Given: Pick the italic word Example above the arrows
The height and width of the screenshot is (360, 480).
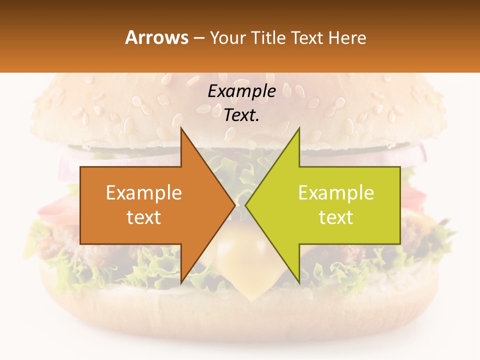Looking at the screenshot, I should pyautogui.click(x=241, y=91).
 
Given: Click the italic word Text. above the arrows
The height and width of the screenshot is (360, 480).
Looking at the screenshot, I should pyautogui.click(x=241, y=115).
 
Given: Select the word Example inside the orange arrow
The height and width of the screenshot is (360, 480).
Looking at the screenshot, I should pyautogui.click(x=144, y=192).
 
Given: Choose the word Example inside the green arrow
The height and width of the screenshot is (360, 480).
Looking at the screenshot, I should pyautogui.click(x=336, y=192).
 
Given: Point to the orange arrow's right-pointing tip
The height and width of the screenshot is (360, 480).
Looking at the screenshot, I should pyautogui.click(x=234, y=205).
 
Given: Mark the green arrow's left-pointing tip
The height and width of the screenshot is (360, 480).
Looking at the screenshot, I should pyautogui.click(x=246, y=205).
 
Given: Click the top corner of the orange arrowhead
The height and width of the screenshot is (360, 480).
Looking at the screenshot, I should pyautogui.click(x=181, y=129).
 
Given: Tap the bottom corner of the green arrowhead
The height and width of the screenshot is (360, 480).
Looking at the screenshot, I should pyautogui.click(x=299, y=282).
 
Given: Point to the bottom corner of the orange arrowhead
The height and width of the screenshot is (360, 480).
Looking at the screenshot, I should pyautogui.click(x=181, y=282).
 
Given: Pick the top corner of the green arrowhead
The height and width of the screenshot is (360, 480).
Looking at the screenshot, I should pyautogui.click(x=299, y=129).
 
